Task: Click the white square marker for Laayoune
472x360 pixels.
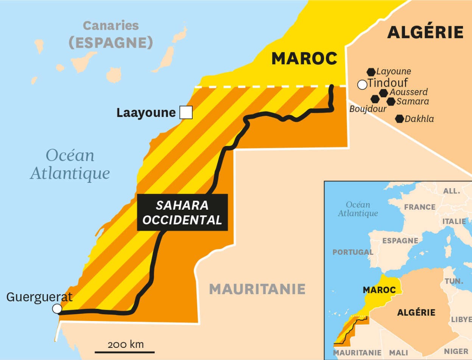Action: click(x=186, y=112)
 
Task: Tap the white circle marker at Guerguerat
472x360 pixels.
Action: click(x=57, y=309)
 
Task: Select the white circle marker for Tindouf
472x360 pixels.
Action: click(x=362, y=84)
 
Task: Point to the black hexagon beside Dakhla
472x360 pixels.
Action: click(x=399, y=119)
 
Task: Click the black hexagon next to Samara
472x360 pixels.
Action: click(x=391, y=101)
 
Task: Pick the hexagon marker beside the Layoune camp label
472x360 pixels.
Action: click(x=371, y=72)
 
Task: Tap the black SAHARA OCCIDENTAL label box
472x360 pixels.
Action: click(x=182, y=212)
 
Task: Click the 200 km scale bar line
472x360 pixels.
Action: click(x=119, y=352)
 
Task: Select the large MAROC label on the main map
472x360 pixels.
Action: click(x=304, y=58)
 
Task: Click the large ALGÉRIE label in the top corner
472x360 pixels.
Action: click(x=425, y=33)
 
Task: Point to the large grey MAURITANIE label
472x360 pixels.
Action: click(x=257, y=289)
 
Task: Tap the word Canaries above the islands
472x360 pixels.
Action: click(x=111, y=26)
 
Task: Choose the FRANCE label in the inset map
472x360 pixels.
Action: click(x=420, y=207)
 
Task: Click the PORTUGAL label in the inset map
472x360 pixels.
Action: click(x=353, y=252)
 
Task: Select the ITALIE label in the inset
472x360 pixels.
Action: click(x=454, y=221)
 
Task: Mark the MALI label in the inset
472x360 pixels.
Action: click(x=399, y=352)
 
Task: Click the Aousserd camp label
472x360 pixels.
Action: click(x=409, y=92)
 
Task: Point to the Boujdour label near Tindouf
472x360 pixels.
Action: click(x=368, y=109)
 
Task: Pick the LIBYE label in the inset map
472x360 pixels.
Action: click(x=461, y=319)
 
